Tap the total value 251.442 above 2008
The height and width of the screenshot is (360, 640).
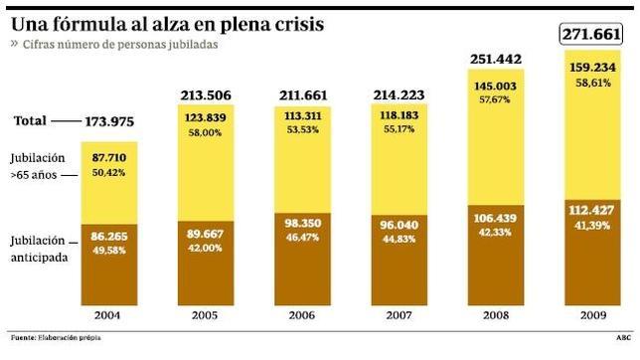tap(500, 59)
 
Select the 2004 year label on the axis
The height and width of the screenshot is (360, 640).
tap(108, 315)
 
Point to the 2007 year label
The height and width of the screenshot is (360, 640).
tap(401, 315)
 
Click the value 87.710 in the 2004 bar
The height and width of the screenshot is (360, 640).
tap(108, 156)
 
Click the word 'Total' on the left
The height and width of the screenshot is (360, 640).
tap(31, 120)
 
